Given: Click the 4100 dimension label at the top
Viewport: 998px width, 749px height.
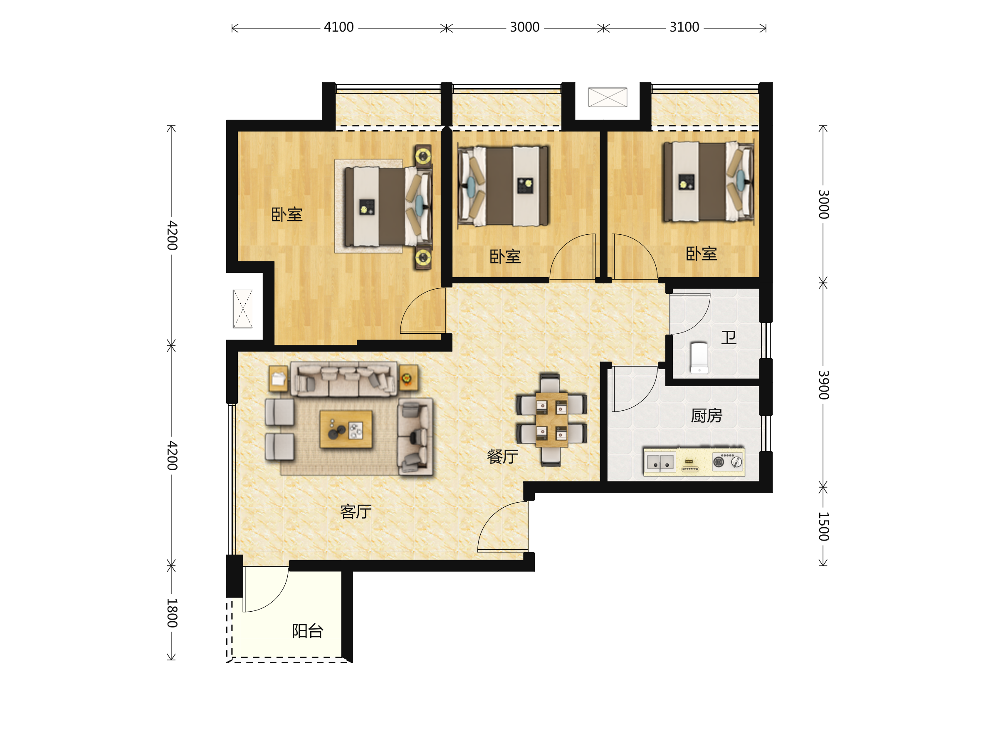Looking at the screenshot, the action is (338, 27).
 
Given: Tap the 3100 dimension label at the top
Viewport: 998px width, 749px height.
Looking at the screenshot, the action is (684, 27).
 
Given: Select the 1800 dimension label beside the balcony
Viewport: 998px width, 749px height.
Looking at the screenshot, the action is (172, 613).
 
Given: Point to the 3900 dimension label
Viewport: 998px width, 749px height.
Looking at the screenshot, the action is (823, 384).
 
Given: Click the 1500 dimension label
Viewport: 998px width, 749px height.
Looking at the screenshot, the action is (823, 526).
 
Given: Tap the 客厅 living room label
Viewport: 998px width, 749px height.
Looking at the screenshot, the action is (356, 511).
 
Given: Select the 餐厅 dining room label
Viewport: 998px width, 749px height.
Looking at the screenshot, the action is (502, 456).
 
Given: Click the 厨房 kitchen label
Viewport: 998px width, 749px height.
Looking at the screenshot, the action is (707, 415).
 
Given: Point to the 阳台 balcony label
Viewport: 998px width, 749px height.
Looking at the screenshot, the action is (308, 631).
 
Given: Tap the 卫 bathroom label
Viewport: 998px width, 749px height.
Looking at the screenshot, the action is (729, 337).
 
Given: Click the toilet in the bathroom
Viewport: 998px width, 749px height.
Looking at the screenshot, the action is (699, 357).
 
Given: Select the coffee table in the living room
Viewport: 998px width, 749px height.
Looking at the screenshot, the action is (346, 429).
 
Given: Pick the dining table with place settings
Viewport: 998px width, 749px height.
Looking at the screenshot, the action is (551, 420).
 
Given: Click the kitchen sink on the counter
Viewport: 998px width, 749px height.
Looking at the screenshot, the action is (660, 462).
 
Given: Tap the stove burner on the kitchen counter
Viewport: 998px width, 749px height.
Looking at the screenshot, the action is (718, 462).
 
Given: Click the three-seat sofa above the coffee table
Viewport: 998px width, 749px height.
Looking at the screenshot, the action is (344, 379).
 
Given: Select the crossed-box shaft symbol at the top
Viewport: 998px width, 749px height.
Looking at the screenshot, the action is (607, 97).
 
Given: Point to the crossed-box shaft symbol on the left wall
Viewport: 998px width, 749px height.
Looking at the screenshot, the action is (243, 308).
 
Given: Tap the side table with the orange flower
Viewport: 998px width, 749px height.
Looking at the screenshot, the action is (408, 378).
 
